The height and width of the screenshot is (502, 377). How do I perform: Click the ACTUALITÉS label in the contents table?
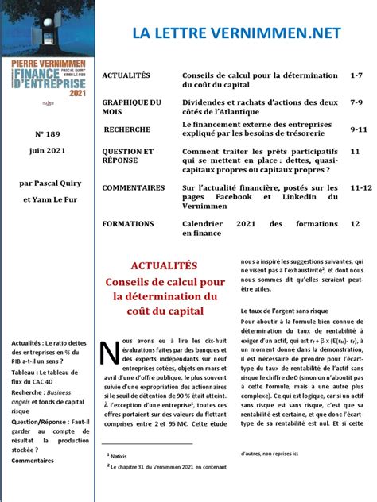(126, 75)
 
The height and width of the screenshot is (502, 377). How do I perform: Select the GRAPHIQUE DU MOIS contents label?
(131, 107)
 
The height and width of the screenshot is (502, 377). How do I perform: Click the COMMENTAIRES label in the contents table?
(133, 188)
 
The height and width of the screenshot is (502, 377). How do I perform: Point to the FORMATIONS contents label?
(128, 225)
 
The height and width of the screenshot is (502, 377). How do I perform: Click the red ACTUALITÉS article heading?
(163, 266)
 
